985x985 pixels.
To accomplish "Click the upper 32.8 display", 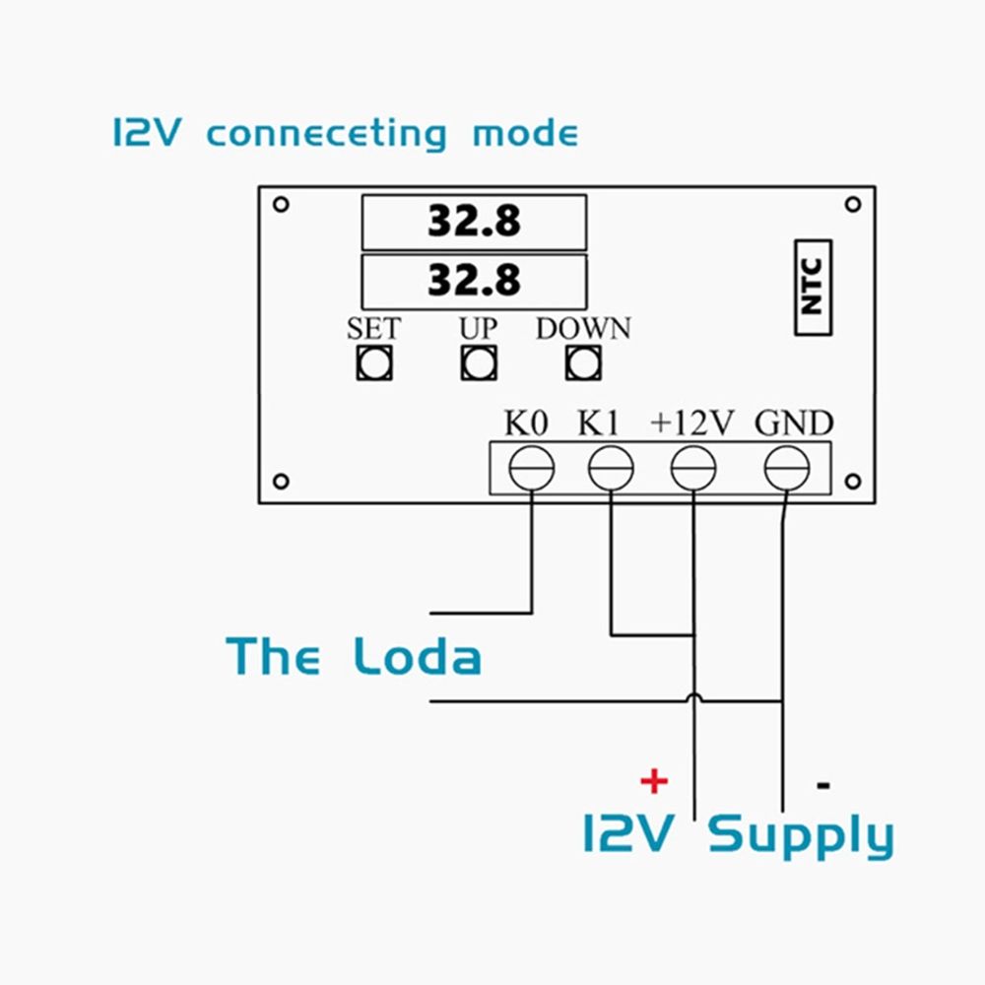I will (x=474, y=222).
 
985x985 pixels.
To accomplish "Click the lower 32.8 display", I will (x=474, y=281).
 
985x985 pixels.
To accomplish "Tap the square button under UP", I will (x=479, y=363).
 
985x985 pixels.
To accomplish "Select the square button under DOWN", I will (x=583, y=363).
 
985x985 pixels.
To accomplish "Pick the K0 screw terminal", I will (x=531, y=468).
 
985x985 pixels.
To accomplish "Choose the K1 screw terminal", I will (x=611, y=468).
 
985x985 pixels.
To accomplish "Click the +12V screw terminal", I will (x=693, y=468).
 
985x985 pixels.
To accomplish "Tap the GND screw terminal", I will (x=786, y=468).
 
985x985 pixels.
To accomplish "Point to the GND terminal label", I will (x=794, y=424).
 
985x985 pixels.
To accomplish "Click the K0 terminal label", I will (x=525, y=424).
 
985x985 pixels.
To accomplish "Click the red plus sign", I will (x=654, y=782).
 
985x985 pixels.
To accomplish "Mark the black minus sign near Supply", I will (x=823, y=785).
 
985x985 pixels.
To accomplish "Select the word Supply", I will (x=801, y=837).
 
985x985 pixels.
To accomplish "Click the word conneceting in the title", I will (x=326, y=134).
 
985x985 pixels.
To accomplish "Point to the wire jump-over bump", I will (x=693, y=697).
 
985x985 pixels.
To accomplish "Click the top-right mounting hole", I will (x=853, y=204).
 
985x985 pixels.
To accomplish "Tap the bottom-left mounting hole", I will (x=281, y=482).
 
